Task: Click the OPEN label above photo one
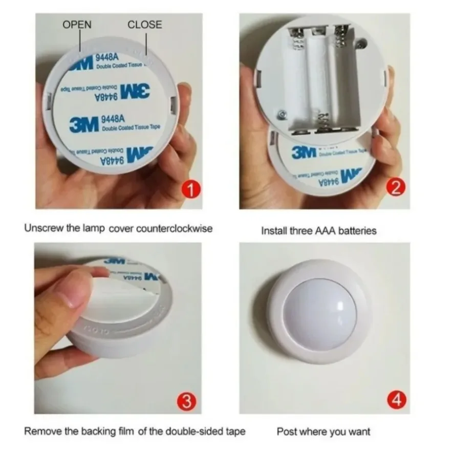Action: pyautogui.click(x=77, y=25)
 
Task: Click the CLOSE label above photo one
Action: pyautogui.click(x=144, y=25)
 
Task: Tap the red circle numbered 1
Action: pyautogui.click(x=190, y=191)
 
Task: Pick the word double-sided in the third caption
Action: pyautogui.click(x=196, y=431)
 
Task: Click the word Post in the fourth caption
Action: pyautogui.click(x=286, y=431)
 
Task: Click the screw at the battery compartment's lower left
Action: pyautogui.click(x=280, y=114)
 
